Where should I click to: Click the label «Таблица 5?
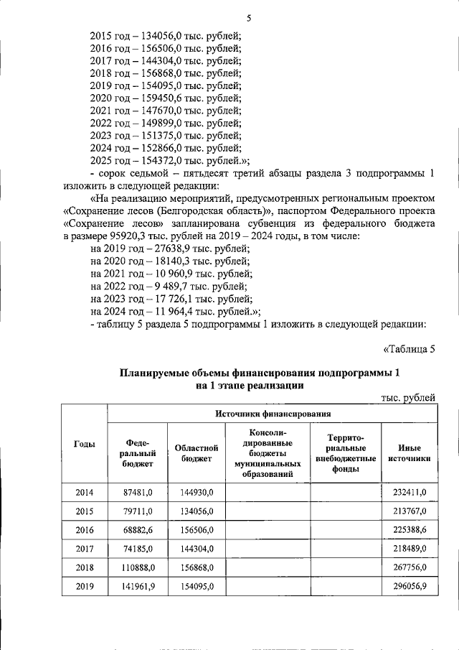click(410, 350)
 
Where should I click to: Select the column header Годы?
click(85, 444)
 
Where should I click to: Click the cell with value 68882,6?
click(136, 529)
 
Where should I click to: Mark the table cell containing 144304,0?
click(196, 548)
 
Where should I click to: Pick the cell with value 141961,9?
click(136, 586)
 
